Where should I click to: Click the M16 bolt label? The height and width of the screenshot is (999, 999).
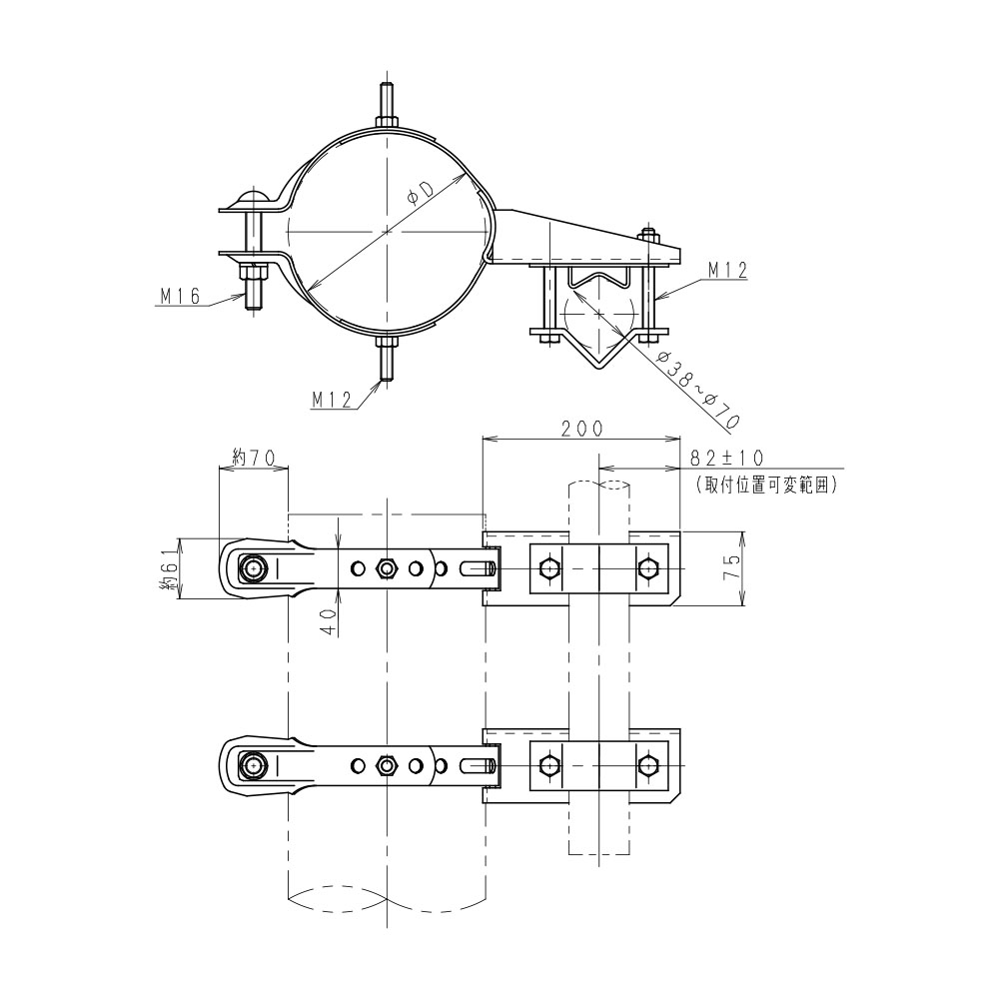pos(180,296)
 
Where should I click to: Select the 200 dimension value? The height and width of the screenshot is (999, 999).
pos(581,429)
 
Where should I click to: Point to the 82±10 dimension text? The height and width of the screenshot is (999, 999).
pos(727,458)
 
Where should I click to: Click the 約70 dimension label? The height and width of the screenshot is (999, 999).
pos(254,457)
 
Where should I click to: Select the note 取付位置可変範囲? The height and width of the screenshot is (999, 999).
pos(765,485)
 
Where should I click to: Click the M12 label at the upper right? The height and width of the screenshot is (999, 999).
pos(727,270)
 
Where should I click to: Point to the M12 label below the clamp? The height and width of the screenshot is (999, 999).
pos(332,400)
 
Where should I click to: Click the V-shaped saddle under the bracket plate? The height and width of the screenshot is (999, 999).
pos(597,319)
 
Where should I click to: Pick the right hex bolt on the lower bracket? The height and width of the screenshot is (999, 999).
pos(648,764)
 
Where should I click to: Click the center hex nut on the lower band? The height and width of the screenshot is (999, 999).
pos(386,764)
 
